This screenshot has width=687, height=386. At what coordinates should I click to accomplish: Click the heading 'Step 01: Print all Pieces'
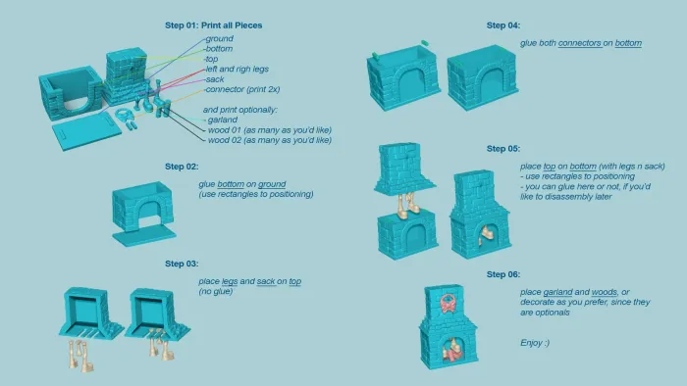tap(213, 25)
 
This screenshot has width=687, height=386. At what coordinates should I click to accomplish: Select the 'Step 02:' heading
tap(182, 167)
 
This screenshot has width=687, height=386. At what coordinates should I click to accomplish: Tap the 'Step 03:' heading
tap(182, 264)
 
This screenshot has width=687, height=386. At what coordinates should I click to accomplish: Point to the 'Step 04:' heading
tap(502, 25)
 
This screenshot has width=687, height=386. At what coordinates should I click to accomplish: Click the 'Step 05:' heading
tap(502, 149)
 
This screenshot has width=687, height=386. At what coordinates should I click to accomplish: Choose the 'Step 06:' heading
tap(502, 274)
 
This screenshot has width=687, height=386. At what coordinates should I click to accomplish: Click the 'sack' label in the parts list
tap(215, 79)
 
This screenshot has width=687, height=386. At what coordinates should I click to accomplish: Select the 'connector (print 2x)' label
tap(242, 89)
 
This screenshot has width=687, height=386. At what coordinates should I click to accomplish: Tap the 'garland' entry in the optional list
tap(223, 120)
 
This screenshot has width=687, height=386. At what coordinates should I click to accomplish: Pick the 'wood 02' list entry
tap(270, 140)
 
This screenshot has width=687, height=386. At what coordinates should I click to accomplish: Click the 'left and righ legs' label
tap(238, 70)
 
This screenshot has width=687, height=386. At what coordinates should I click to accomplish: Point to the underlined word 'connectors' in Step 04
tap(579, 43)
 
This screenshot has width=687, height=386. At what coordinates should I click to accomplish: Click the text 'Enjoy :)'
tap(535, 343)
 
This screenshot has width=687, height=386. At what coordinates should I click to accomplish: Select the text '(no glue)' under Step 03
tap(215, 292)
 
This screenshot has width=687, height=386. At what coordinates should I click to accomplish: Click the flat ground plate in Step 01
tap(86, 130)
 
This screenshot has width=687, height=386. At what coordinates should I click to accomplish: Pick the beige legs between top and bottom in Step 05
tap(408, 204)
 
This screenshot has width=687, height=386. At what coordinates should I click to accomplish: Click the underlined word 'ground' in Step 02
tap(272, 184)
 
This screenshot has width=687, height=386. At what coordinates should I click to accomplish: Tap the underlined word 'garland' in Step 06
tap(557, 292)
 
